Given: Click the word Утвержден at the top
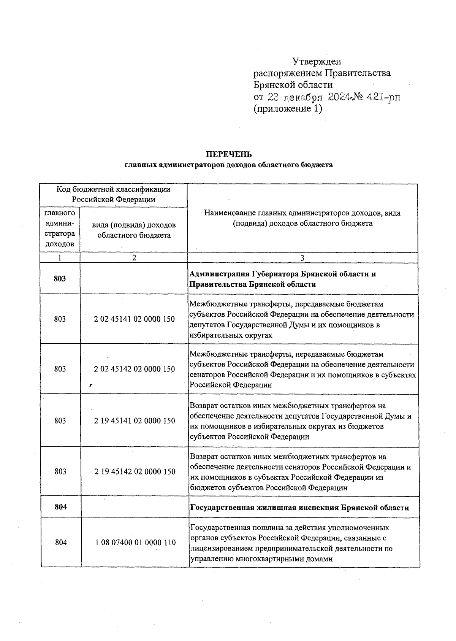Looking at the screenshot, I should pos(317,61).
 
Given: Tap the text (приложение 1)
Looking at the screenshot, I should pos(288,109).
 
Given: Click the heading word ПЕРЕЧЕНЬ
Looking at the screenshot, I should pos(229,154).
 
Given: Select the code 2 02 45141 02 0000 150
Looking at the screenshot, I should pos(134,319).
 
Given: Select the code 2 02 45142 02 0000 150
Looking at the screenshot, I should pos(134,369).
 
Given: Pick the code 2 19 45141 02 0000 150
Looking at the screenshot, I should pos(134,420).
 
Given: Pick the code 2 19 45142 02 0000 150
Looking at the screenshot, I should pos(135,471).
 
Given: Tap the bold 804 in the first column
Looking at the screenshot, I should pos(61,507).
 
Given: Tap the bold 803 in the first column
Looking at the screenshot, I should pos(60,279).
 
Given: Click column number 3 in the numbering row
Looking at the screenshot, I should pos(302,258).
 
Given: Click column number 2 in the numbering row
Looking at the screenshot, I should pos(134,257).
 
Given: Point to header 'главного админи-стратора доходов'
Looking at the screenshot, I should pos(60,228).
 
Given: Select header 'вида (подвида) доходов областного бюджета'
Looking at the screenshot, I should pos(134,230).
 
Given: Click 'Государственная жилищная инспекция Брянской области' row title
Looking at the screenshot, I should pos(299,508).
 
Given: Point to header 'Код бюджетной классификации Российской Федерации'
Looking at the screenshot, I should pos(114,194).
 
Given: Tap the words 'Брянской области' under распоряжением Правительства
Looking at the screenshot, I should pos(293,85).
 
